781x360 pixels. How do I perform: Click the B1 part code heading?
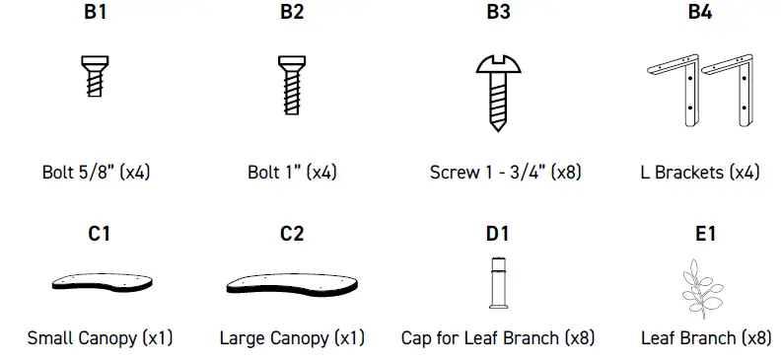pos(96,14)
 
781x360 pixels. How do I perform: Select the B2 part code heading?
pos(292,14)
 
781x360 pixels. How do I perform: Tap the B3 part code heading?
pos(498,14)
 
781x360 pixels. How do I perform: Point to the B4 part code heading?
pos(699,14)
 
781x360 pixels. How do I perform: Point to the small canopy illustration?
pos(103,281)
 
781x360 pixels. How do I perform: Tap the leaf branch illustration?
pos(704,285)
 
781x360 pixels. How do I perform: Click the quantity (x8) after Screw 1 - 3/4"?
pos(566,172)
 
